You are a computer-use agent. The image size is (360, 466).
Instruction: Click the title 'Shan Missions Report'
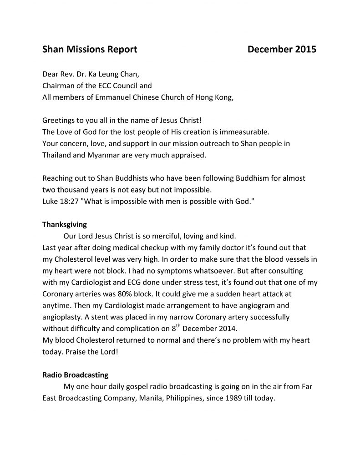(x=90, y=49)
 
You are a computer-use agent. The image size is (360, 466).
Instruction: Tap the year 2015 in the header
(x=305, y=49)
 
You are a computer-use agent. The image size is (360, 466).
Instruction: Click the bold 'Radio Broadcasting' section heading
(x=75, y=375)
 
